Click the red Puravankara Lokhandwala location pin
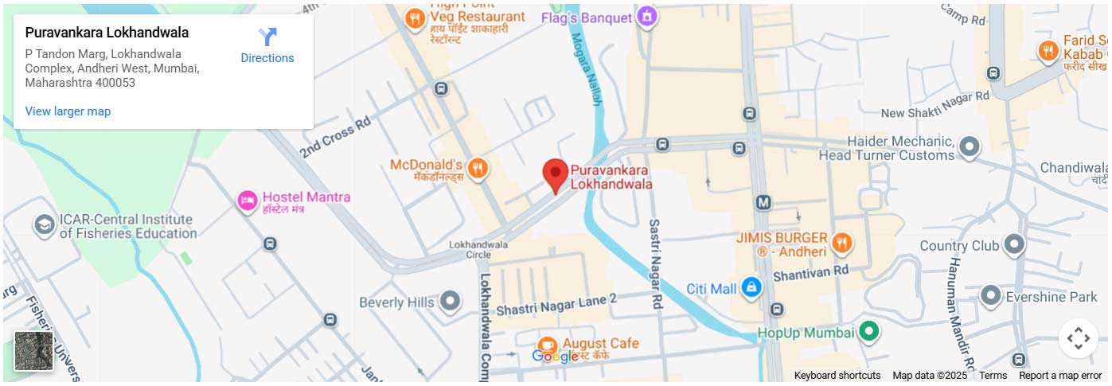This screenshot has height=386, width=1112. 555,174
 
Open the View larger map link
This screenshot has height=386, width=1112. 68,111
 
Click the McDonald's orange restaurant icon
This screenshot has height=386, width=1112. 478,167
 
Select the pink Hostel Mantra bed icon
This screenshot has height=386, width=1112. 248,200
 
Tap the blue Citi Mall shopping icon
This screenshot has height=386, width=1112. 751,288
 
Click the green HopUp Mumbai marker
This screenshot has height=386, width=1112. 869,331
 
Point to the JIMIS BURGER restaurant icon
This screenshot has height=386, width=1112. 841,243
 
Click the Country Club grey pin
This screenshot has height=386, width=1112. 1013,244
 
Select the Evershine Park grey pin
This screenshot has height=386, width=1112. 990,296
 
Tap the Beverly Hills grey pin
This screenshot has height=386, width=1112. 451,302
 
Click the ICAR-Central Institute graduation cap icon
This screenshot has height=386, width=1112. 45,225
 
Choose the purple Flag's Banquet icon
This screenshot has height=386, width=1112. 648,16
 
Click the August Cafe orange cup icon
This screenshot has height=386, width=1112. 547,345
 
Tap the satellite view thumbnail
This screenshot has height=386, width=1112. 34,351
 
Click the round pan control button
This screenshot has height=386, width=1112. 1078,338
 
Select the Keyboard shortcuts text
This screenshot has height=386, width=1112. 837,376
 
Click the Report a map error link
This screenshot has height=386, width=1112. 1060,376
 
